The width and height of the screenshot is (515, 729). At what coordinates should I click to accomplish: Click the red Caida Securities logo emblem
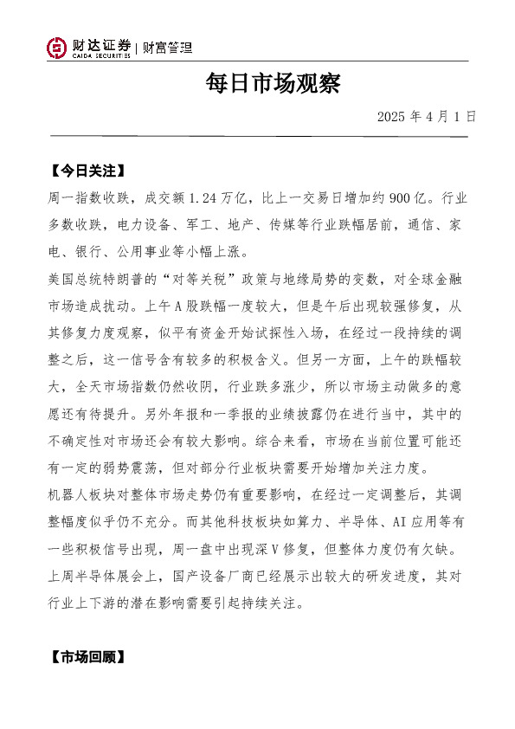pos(57,48)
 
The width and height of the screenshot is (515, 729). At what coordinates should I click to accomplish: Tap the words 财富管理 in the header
pos(167,48)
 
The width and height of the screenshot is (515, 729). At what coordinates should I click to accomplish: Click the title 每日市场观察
pos(273,84)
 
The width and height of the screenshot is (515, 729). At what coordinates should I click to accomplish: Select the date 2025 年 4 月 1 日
pos(427,116)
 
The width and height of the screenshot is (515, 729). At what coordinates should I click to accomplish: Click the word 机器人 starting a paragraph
pos(62,495)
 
